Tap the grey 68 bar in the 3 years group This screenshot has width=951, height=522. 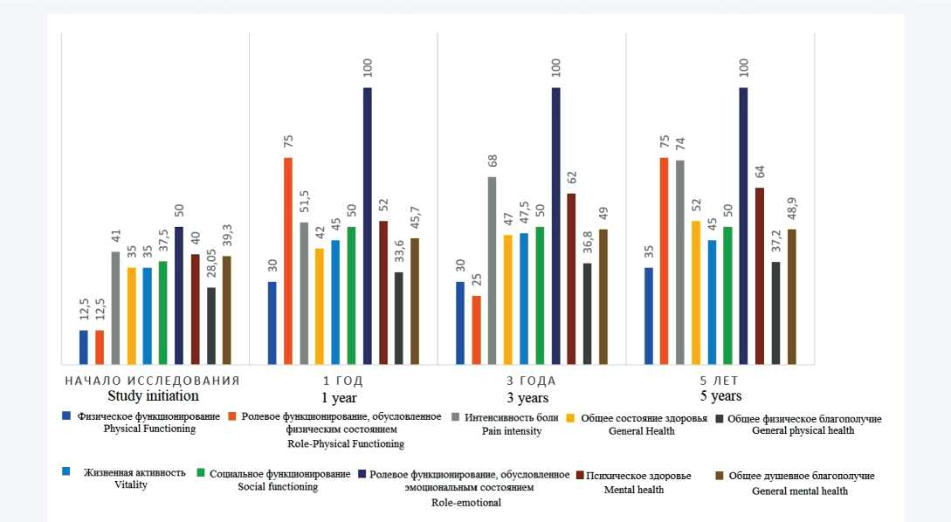(493, 270)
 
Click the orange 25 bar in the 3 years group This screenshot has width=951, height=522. (476, 329)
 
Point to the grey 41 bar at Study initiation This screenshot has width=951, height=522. (115, 307)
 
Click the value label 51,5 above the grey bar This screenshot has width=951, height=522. (305, 197)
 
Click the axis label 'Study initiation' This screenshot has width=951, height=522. (154, 396)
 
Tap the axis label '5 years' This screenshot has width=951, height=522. (720, 396)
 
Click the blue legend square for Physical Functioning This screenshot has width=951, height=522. (66, 416)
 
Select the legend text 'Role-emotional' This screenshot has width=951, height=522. (466, 503)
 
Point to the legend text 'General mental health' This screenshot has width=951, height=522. (799, 491)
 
